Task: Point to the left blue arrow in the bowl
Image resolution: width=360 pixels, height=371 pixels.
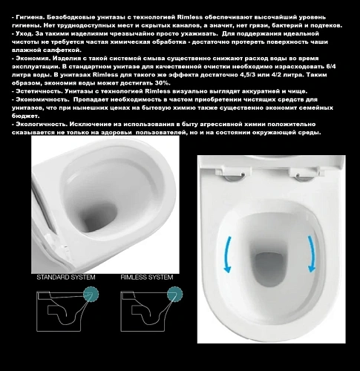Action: [230, 253]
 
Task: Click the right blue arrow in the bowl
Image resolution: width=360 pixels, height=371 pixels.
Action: [313, 252]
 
